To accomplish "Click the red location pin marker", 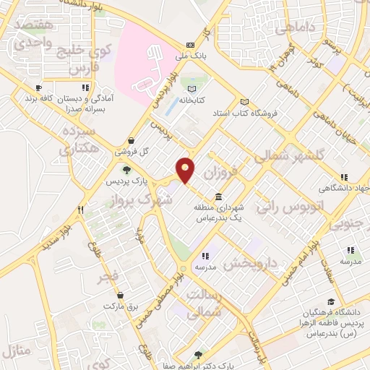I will coord(186,169).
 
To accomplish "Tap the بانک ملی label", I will coord(190,54).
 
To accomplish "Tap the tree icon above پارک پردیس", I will coord(126,171).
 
